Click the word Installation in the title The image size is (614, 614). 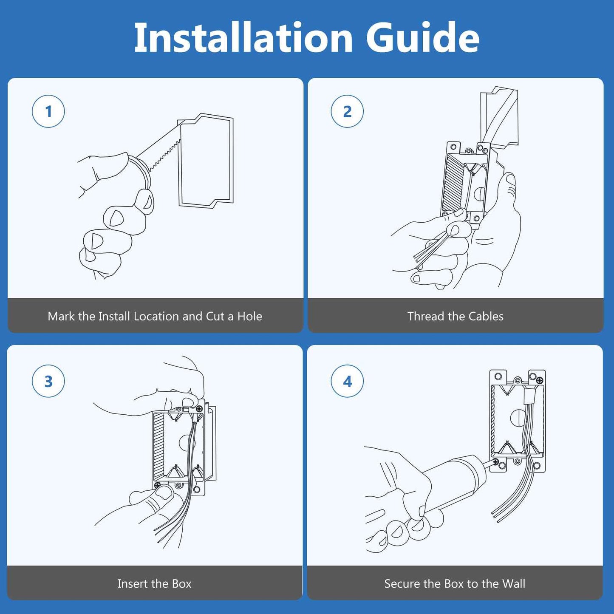tap(243, 38)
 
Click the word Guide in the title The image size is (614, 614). tap(422, 38)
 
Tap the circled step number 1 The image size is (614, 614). tap(48, 111)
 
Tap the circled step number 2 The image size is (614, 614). tap(347, 111)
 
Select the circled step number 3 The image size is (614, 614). tap(48, 381)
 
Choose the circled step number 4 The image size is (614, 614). tap(347, 381)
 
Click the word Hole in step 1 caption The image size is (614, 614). tap(249, 316)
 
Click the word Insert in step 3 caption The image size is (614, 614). tap(131, 584)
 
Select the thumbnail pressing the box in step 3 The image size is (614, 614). tap(163, 492)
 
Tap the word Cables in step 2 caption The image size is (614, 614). tap(487, 316)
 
